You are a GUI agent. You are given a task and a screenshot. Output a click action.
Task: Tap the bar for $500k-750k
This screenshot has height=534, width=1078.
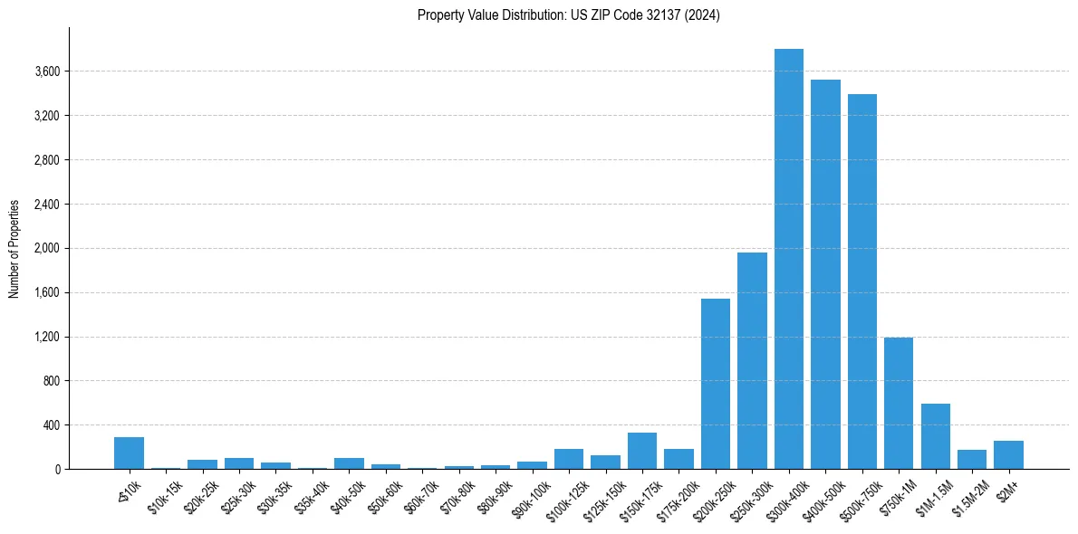point(861,281)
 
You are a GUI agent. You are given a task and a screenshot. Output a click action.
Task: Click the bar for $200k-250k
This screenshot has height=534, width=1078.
point(715,384)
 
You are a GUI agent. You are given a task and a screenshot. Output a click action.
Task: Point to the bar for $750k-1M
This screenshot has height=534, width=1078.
point(899,403)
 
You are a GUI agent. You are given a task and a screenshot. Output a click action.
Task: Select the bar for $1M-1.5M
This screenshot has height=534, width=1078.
point(935,436)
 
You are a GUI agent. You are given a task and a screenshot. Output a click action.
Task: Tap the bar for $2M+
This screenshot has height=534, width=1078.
point(1008,454)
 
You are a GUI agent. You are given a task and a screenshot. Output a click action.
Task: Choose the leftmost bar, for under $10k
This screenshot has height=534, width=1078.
point(129,453)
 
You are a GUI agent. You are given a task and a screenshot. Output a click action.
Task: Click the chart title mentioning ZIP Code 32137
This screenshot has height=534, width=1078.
point(568,14)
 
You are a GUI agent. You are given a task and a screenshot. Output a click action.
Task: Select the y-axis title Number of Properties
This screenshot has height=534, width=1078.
point(14,249)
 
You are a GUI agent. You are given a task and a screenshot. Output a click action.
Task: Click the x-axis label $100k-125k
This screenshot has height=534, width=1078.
point(563,494)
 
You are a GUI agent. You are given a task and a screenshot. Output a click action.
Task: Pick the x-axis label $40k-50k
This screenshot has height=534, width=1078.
point(346,492)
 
